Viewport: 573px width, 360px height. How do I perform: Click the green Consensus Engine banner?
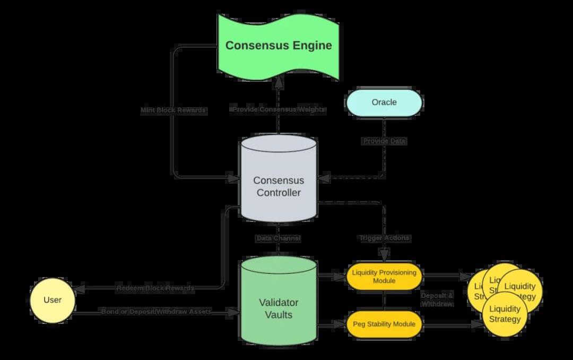pos(279,45)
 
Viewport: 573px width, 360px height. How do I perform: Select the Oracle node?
pos(384,102)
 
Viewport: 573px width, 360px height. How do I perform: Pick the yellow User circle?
pos(52,300)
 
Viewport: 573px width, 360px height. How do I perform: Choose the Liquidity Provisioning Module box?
pos(384,277)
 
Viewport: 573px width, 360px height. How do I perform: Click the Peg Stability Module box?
pos(384,323)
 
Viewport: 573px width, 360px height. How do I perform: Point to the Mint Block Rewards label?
pos(173,110)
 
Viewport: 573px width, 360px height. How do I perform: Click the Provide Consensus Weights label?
pos(277,109)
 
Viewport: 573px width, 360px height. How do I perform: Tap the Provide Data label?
pos(385,141)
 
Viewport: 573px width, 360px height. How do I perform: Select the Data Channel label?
pos(278,239)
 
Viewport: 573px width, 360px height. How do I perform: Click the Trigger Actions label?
pos(384,238)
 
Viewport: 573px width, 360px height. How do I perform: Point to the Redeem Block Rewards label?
pos(155,288)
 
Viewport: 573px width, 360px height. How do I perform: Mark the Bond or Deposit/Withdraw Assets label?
pos(156,312)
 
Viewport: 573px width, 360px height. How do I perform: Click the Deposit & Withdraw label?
pos(437,299)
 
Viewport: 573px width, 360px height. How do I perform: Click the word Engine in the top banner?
pos(312,46)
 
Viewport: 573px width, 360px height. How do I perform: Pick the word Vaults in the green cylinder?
pos(279,315)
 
